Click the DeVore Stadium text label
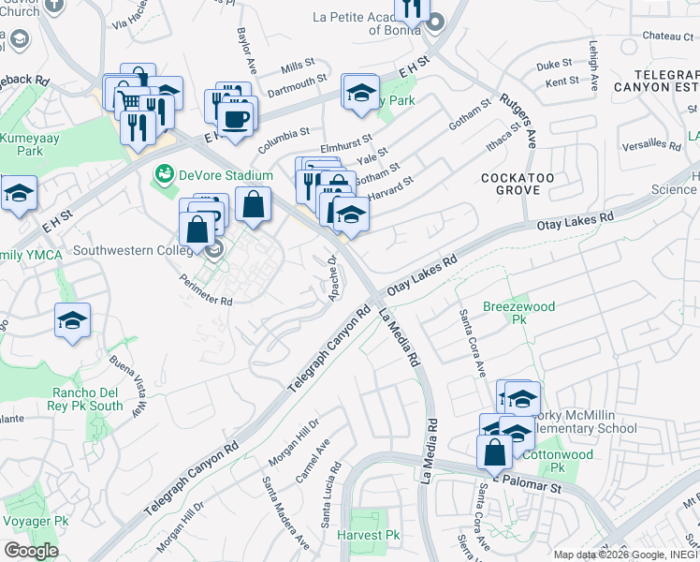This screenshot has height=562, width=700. [226, 175]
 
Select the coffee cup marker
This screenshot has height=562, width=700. [234, 119]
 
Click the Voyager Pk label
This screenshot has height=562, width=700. [36, 520]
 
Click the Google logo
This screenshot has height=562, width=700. [30, 551]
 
